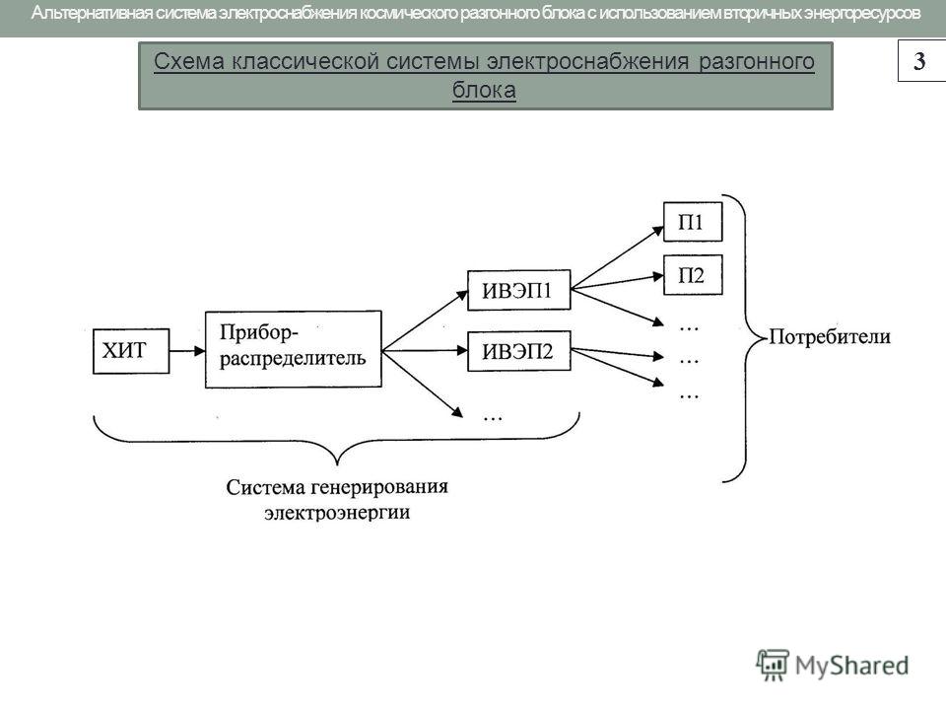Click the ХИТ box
tap(131, 351)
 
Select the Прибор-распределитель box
tap(294, 349)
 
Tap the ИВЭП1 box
tap(519, 290)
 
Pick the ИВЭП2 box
tap(519, 351)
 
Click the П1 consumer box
tap(693, 222)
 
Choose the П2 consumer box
tap(693, 275)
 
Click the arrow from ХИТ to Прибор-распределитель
tap(187, 351)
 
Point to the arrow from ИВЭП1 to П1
tap(617, 257)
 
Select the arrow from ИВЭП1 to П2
tap(617, 283)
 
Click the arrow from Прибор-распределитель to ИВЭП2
tap(425, 350)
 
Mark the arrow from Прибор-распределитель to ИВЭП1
tap(425, 320)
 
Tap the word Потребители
tap(830, 337)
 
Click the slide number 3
tap(919, 60)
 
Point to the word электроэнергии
tap(337, 513)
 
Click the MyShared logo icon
tap(773, 665)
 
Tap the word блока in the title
tap(484, 90)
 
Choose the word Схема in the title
tap(189, 61)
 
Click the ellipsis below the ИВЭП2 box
tap(493, 417)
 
